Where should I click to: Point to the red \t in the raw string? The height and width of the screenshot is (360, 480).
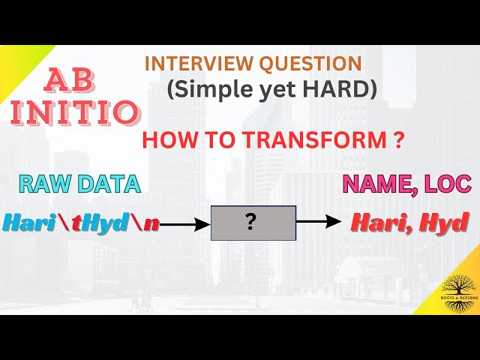point(77,222)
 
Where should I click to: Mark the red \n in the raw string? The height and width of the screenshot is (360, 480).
point(145,222)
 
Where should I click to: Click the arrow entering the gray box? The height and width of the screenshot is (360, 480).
point(184,223)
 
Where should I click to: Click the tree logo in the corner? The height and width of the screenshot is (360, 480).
point(457,289)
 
